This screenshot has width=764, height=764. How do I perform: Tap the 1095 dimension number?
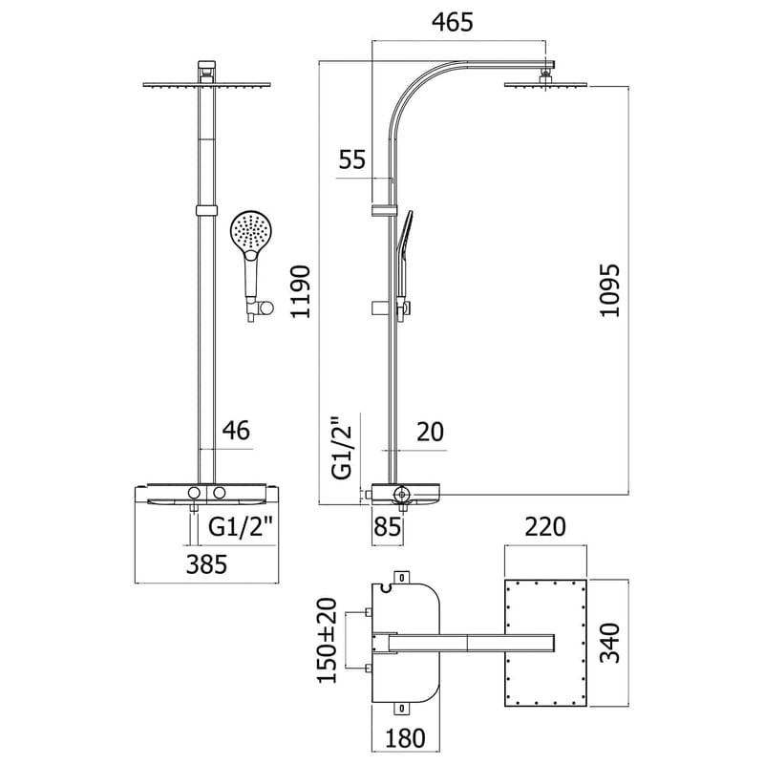coord(611,291)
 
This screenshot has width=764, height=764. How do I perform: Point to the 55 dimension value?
coord(352,159)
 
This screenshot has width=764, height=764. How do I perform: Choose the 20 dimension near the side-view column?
coord(432,432)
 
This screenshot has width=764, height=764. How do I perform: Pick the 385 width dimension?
coord(205,563)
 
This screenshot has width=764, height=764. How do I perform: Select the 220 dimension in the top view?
coord(546,526)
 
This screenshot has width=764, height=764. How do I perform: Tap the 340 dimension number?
coord(611,644)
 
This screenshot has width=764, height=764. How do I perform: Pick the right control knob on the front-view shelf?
coord(221,492)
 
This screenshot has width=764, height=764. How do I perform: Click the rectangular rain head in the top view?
coord(546,642)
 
